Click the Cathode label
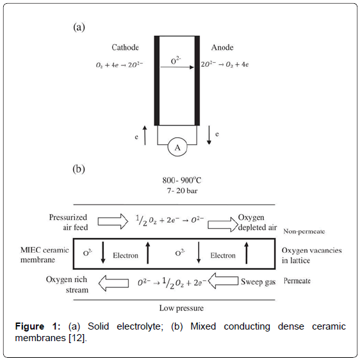point(125,47)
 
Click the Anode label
point(222,47)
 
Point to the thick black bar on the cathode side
point(156,81)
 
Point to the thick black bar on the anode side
point(197,81)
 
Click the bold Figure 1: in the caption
point(38,326)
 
